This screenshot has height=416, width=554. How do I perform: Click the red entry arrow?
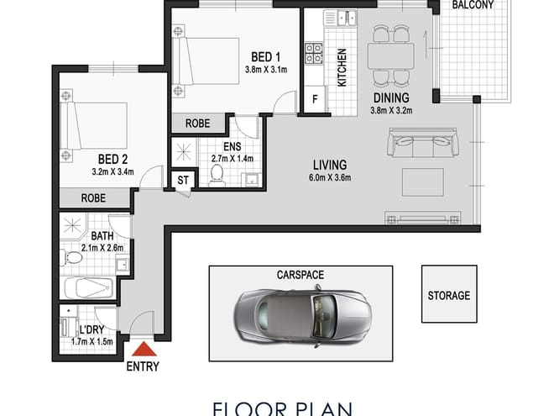coord(144,350)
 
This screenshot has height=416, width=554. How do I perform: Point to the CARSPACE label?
coord(300,275)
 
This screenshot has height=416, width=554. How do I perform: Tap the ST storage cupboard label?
coord(182,181)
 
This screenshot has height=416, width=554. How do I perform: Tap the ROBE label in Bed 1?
coord(198,123)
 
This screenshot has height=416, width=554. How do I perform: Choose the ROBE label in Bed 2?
coord(93,199)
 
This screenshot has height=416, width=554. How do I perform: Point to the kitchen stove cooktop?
coord(315,54)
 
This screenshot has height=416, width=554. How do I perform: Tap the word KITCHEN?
coord(342,67)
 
